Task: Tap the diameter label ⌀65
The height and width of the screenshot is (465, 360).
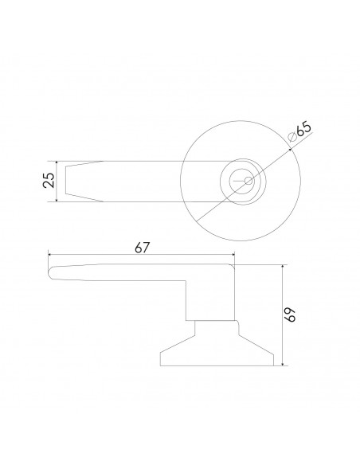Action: tap(299, 132)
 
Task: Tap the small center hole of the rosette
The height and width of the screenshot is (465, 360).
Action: tap(247, 182)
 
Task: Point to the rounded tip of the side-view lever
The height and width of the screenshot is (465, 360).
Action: tap(53, 272)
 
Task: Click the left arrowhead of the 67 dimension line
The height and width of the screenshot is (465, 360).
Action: tap(51, 255)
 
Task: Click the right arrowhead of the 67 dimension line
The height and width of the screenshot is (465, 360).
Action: tap(233, 255)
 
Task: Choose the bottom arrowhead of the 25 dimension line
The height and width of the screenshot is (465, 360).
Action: tap(58, 200)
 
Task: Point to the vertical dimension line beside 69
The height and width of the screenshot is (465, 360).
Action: tap(282, 334)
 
